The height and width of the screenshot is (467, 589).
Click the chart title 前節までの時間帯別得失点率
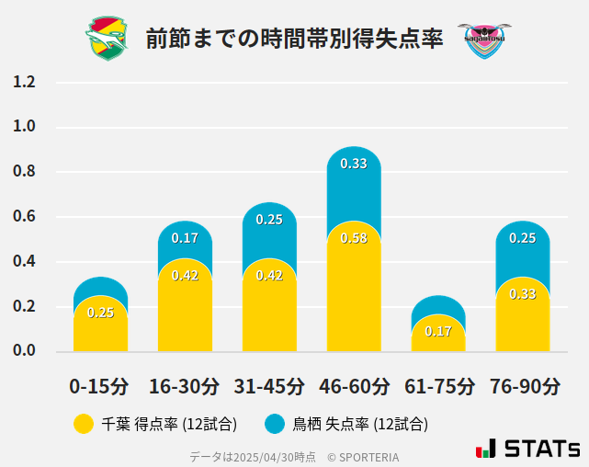(294, 38)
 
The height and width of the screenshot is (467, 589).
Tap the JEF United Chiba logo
(107, 39)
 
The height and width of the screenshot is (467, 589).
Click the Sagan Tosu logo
(483, 40)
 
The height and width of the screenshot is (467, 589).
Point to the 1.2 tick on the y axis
(24, 82)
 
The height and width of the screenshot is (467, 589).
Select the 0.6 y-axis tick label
(24, 217)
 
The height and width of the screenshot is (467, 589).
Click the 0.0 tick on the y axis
(24, 350)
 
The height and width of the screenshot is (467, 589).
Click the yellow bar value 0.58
(354, 238)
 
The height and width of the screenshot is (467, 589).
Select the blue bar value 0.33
(354, 164)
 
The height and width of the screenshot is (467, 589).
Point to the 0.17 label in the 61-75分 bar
(438, 331)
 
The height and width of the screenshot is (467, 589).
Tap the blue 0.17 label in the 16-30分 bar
(185, 238)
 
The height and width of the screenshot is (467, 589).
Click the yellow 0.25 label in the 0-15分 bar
(100, 313)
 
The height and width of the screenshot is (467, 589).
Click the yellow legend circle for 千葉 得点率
(84, 424)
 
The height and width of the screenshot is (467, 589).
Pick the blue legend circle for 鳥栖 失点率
(275, 424)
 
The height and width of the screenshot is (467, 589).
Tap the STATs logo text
(541, 450)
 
